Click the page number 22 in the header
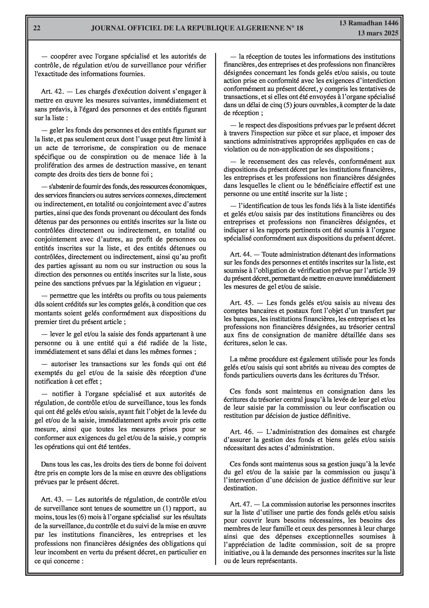[x=37, y=28]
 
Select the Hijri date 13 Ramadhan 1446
[x=369, y=23]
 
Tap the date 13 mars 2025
[x=378, y=33]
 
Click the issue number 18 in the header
[x=299, y=28]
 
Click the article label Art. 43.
[x=52, y=499]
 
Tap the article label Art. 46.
[x=242, y=432]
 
